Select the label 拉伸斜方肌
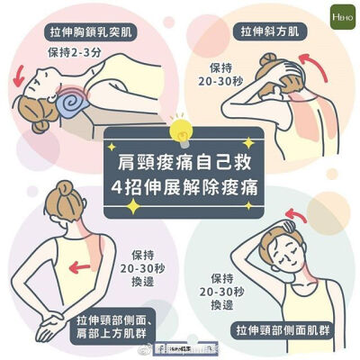coord(269,33)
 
